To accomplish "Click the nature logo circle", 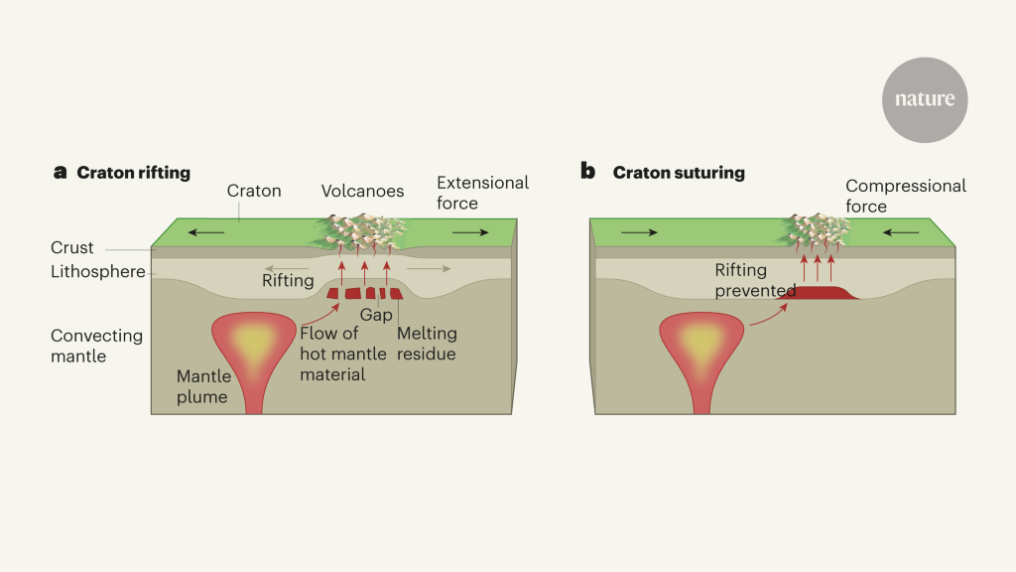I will [925, 99].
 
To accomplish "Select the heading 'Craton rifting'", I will [133, 173].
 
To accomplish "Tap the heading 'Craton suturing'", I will [679, 173].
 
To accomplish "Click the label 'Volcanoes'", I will [362, 191].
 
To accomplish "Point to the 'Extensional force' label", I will [482, 193].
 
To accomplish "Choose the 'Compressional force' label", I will [905, 196].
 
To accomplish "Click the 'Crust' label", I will [72, 247].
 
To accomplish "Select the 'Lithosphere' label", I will [98, 269].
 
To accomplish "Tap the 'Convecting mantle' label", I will [96, 345].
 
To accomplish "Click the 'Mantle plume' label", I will [204, 386].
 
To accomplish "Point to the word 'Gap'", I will [376, 314].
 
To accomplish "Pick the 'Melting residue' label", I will [426, 343].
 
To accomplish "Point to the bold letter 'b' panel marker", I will [587, 172].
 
